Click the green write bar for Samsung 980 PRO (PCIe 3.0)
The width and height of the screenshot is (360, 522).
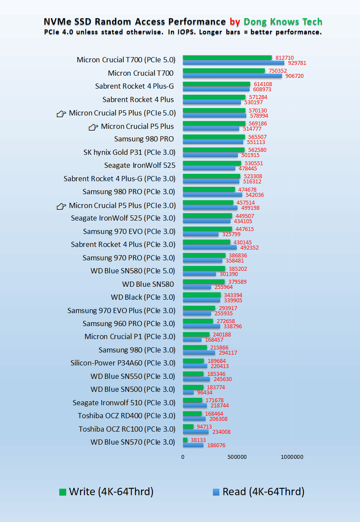pos(209,189)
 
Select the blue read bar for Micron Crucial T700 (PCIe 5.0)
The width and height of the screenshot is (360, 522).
pos(233,63)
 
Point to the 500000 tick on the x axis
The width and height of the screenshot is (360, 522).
pos(237,457)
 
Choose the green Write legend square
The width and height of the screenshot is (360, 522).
pos(63,492)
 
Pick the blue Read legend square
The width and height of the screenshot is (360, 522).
pos(216,492)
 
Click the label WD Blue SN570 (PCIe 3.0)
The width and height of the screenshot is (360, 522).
pos(133,442)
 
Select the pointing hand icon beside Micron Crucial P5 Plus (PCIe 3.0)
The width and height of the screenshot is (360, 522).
pos(61,206)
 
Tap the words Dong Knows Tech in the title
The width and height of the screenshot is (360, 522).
pos(283,22)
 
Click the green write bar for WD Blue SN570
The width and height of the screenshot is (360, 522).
pos(185,440)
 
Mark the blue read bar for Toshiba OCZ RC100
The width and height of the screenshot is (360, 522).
pos(196,432)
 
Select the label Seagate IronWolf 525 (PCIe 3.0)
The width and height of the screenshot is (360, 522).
pos(123,218)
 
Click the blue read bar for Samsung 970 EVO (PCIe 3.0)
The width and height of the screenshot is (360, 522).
pos(200,234)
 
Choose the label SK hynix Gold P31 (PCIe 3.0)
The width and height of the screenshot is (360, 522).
pos(129,152)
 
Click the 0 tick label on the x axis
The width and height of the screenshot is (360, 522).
pos(183,457)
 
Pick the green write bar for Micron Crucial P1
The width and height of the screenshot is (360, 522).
pos(196,334)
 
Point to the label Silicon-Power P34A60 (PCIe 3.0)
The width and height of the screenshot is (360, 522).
pos(123,363)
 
